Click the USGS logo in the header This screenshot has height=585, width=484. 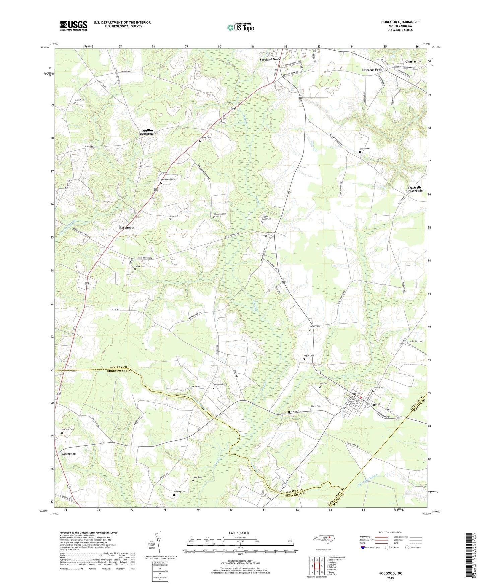74,26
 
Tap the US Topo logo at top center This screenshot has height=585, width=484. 240,27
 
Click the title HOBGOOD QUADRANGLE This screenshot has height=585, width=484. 400,22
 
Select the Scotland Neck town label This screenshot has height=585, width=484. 270,59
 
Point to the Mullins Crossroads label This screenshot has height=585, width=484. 148,132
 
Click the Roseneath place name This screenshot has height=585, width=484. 127,227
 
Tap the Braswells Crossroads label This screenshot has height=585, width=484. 414,189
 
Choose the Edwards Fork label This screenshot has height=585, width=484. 371,70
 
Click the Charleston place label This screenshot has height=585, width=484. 413,62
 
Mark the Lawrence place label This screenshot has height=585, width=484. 68,454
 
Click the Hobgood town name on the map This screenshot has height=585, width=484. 373,404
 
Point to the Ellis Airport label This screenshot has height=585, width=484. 416,341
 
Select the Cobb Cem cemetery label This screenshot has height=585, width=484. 79,100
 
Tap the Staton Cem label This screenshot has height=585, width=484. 365,149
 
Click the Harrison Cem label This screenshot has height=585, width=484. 67,429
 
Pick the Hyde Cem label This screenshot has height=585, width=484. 197,477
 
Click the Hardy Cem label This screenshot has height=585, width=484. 139,266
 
